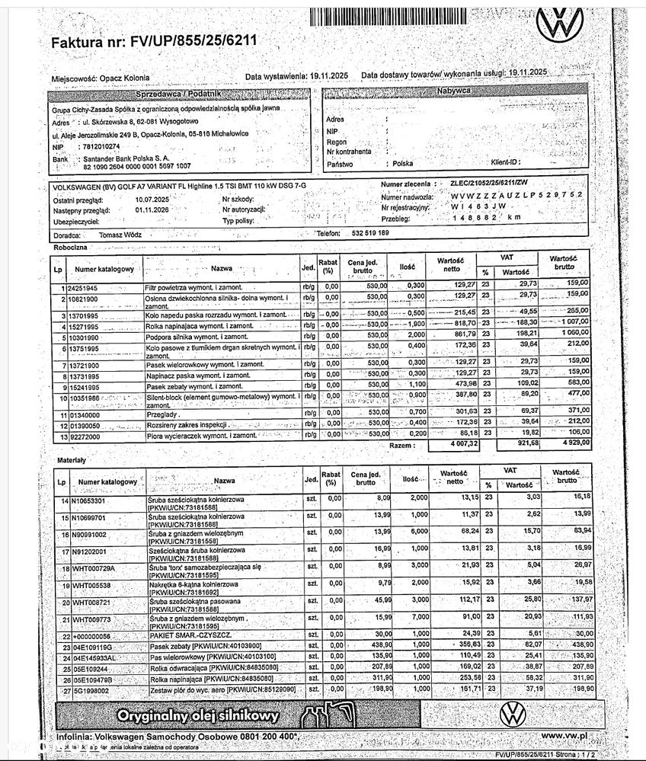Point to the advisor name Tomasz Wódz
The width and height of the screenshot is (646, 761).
click(120, 235)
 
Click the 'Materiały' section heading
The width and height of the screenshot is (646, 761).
click(72, 461)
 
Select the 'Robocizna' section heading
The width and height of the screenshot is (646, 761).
click(70, 248)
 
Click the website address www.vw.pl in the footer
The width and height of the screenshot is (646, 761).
click(564, 737)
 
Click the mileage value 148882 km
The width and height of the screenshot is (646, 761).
click(487, 218)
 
